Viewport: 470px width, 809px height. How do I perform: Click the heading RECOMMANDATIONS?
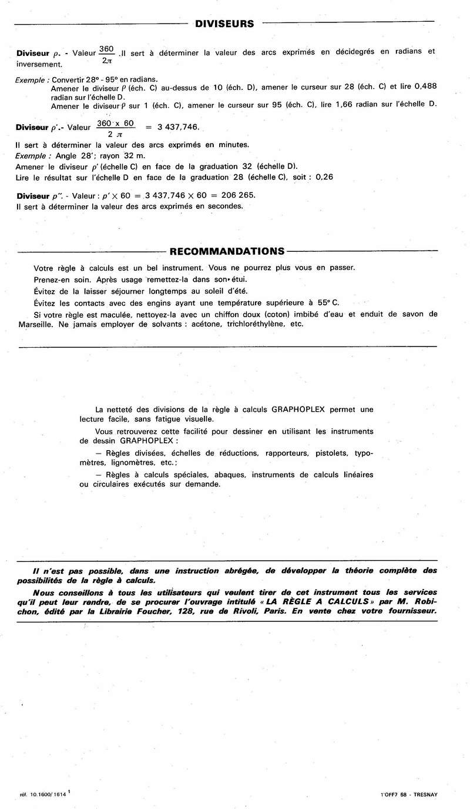click(227, 251)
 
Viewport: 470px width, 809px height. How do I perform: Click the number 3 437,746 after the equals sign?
click(178, 126)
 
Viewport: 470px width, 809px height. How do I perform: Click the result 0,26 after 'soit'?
click(325, 176)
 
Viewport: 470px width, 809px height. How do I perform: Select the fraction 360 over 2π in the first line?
click(107, 55)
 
